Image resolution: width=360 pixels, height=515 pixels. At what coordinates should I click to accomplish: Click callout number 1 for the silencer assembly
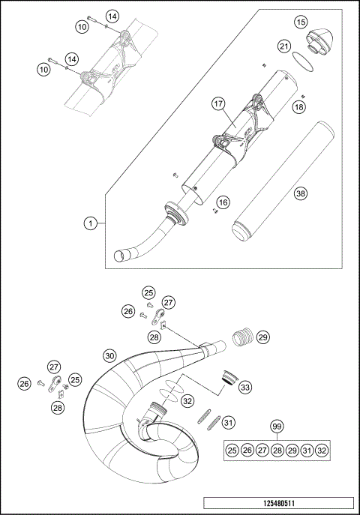90,223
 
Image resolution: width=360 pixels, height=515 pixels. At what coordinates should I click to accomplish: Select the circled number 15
301,22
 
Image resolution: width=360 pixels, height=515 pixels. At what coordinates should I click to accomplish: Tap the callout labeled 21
283,46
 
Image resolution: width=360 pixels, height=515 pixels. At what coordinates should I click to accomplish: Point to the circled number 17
218,104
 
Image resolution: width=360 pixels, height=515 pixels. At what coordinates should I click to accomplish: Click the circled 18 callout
299,108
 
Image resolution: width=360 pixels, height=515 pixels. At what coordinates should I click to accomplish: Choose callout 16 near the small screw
223,202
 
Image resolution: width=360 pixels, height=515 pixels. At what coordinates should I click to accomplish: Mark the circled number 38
301,193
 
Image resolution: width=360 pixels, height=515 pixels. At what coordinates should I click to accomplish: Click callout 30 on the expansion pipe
109,355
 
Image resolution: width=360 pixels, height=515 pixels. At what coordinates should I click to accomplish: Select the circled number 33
245,387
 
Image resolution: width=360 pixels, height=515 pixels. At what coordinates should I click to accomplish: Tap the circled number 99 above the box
277,427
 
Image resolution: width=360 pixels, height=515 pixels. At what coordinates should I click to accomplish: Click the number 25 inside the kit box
232,450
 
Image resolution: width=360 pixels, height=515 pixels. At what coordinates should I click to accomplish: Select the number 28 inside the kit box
277,450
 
